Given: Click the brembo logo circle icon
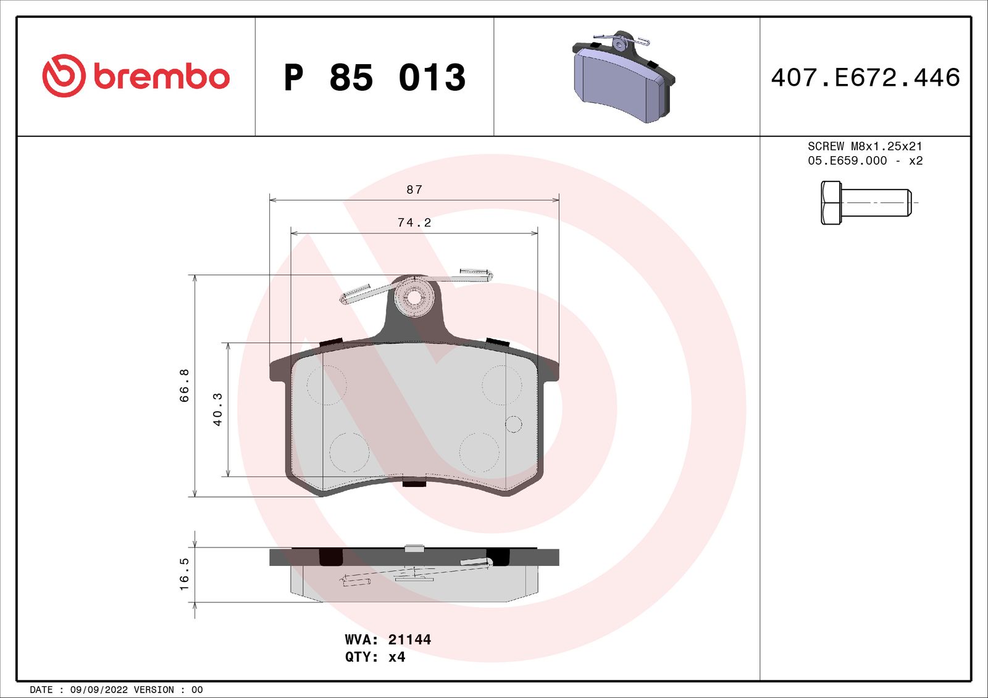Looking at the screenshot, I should point(64,75).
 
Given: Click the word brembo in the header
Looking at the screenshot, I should point(162,77).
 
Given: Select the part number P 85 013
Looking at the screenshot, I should point(374,78).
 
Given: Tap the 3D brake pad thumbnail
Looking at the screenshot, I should point(622,78).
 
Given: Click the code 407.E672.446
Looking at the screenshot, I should point(865,78).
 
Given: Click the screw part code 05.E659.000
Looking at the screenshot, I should point(847,160).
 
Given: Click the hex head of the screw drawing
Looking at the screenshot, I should point(831,202).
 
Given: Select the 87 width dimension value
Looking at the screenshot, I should point(414,189).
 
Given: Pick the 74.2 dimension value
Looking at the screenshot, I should point(414,222).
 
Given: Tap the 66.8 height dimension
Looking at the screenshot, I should point(184,386).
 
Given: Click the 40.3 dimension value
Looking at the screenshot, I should point(217,409).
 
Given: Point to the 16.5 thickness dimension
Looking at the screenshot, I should point(184,574).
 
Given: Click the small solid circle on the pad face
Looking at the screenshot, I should point(513,424).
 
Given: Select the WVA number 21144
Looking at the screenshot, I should point(409,639).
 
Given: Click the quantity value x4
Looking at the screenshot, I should point(396,657).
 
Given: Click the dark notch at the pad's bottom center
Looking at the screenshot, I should point(414,483).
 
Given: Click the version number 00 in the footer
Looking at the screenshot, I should point(197,689).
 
